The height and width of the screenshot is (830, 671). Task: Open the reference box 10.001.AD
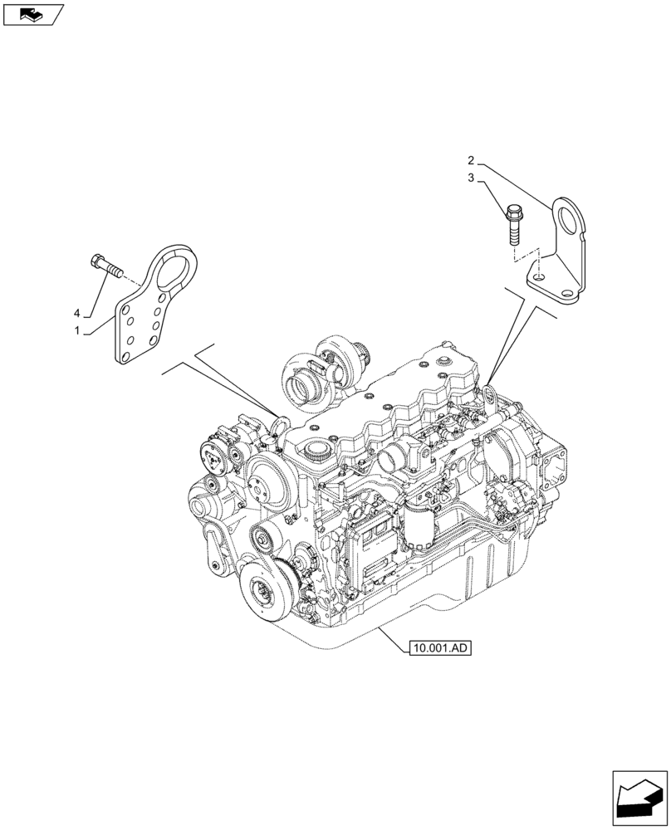tap(439, 648)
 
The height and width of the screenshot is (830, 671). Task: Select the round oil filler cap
tap(316, 452)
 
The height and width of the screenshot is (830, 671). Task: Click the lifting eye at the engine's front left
tap(279, 422)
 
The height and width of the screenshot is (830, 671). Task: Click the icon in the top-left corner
tap(33, 13)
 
